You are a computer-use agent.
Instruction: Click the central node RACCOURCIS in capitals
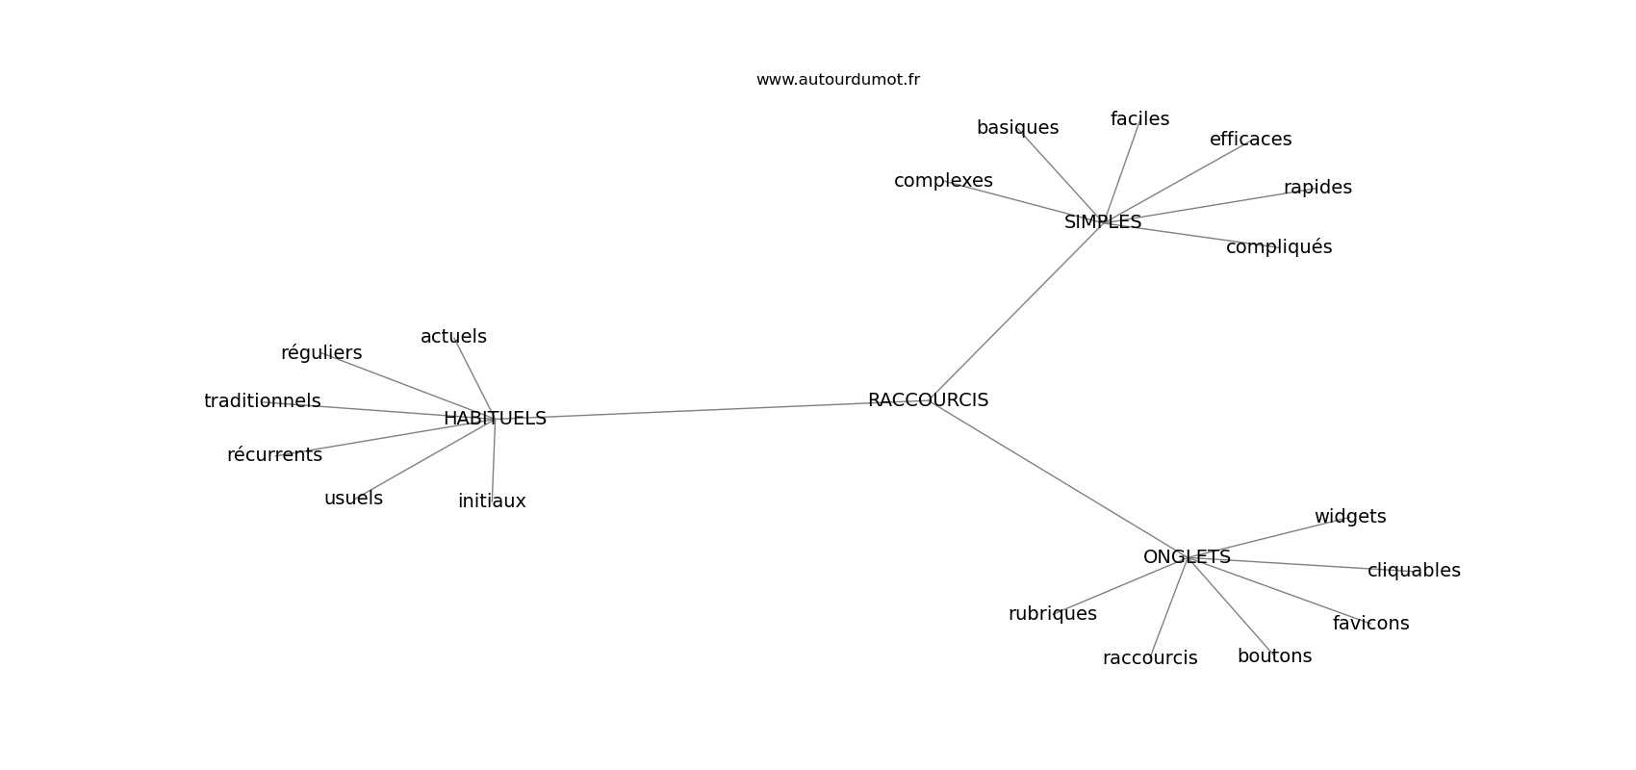928,400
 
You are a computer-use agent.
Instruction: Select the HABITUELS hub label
496,419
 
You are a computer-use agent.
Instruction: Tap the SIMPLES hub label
1103,222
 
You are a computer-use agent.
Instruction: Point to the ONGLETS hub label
1187,557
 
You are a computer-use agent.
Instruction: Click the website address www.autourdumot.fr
837,80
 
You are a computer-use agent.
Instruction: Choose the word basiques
1017,128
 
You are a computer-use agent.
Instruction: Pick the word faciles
1139,119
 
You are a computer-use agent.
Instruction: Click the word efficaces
1250,139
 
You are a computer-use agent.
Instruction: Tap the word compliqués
1279,247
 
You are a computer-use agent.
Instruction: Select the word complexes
943,180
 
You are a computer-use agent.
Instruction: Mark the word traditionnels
262,401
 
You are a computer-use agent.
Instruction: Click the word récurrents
274,454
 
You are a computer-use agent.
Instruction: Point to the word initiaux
492,501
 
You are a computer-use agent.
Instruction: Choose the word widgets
1349,517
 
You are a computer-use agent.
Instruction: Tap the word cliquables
1414,571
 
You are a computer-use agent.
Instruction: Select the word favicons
1371,623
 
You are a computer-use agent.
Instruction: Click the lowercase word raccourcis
1150,658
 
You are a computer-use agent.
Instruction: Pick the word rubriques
1053,614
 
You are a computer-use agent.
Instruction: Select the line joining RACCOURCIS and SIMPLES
1017,310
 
